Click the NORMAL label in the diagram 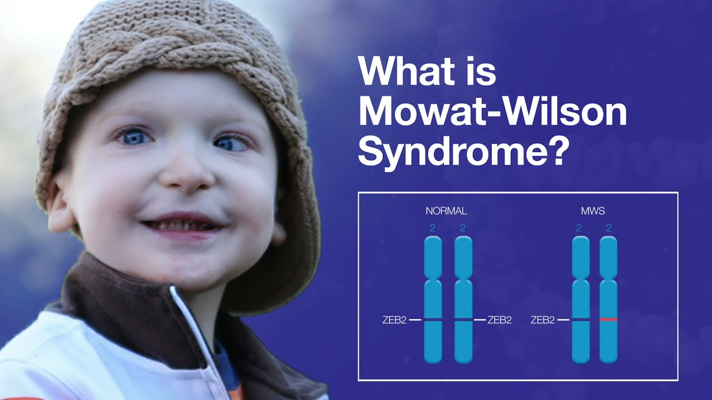click(x=446, y=211)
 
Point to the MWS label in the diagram click(x=593, y=211)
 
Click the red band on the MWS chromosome click(x=609, y=319)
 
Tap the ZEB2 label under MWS click(x=542, y=320)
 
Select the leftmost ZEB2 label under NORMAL click(x=394, y=320)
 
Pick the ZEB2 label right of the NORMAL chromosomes click(x=500, y=320)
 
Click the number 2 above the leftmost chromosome click(x=432, y=228)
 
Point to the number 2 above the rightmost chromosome click(x=609, y=228)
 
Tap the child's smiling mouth click(x=184, y=224)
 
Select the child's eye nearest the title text click(x=231, y=143)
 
